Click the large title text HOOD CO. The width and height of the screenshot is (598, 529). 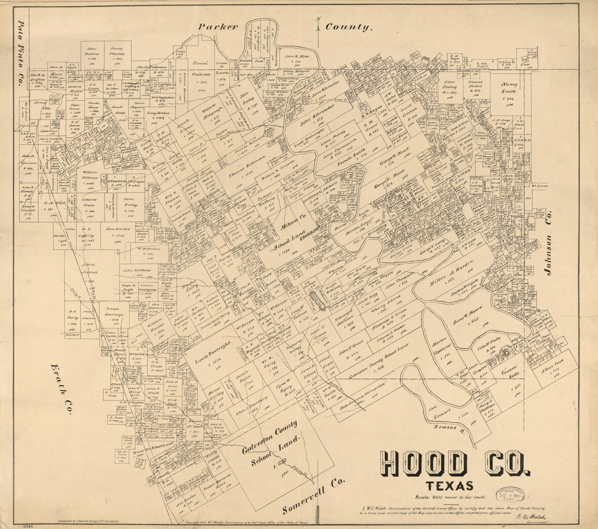click(455, 463)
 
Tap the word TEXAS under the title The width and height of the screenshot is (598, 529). click(449, 486)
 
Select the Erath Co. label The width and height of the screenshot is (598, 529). click(61, 389)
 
